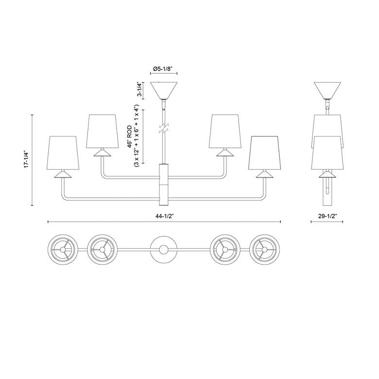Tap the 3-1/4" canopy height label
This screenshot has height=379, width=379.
[140, 89]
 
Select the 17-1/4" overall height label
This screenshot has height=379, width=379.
[26, 160]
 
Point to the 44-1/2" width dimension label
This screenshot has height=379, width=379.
[165, 216]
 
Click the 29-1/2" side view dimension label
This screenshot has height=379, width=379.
[327, 216]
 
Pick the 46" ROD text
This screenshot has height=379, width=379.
[130, 137]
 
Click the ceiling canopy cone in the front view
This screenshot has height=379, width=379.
[164, 90]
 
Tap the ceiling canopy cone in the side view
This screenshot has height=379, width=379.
[327, 90]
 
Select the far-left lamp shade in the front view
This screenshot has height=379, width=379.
[63, 153]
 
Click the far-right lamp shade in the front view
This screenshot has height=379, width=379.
[265, 153]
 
